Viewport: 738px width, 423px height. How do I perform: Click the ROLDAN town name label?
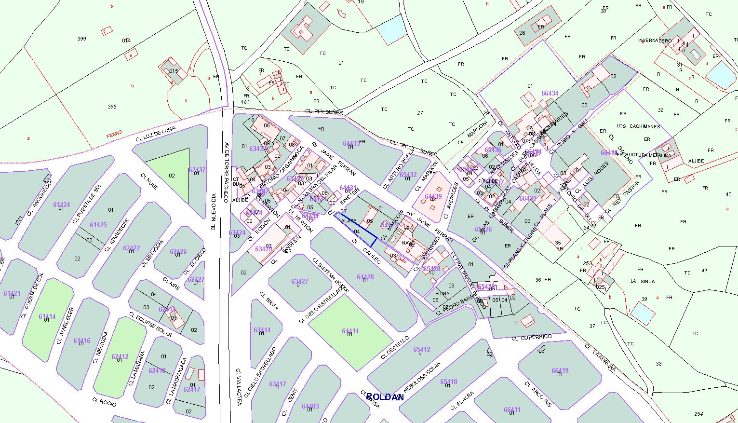[385, 397]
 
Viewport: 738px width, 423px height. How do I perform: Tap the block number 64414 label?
[350, 331]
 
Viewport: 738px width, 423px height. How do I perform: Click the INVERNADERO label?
[655, 41]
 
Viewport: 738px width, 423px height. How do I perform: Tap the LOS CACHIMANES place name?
[638, 126]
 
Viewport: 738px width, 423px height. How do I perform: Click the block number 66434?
[550, 94]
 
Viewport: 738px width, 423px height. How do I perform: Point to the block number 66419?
[560, 371]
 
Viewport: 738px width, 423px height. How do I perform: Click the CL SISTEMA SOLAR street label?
[330, 276]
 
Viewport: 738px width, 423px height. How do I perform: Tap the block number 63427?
[299, 281]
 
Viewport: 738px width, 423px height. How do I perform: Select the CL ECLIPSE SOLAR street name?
[150, 326]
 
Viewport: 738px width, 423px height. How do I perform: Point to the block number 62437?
[197, 170]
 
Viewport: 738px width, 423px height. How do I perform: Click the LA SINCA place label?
[643, 281]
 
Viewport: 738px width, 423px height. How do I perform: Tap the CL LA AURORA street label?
[600, 357]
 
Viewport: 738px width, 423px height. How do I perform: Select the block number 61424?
[61, 205]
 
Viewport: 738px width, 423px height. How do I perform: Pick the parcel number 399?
[81, 39]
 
